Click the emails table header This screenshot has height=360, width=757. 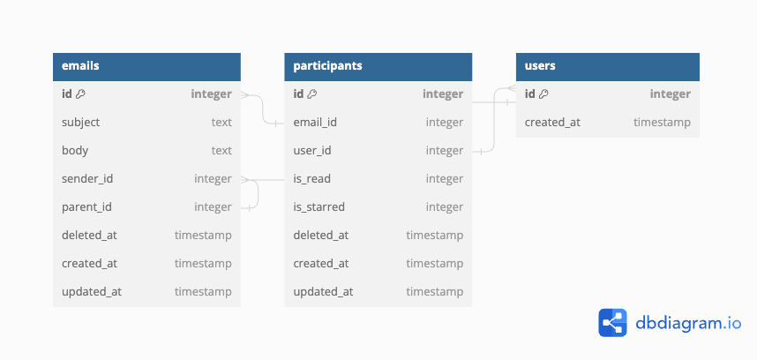coord(146,66)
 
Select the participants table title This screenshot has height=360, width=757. coord(328,65)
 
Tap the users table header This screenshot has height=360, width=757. coord(607,66)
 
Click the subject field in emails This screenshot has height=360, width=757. coord(80,123)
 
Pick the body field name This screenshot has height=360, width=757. coord(75,151)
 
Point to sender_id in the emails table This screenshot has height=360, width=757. coord(87,179)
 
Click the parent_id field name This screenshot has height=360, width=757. coord(86,207)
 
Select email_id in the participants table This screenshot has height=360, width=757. coord(315,123)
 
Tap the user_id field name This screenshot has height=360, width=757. coord(312,151)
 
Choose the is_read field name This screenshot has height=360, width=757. coord(311,179)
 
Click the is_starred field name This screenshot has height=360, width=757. coord(319,207)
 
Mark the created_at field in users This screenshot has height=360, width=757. coord(552,123)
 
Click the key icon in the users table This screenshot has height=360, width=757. coord(543,94)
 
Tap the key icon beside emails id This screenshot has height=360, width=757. coord(80,94)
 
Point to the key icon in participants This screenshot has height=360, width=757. coord(312,94)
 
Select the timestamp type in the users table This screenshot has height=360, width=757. coord(662,123)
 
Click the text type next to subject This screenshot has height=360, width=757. coord(221,123)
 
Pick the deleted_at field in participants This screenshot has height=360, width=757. coord(321,236)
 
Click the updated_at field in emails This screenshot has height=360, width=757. coord(92,292)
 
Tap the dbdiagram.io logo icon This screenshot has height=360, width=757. coord(612,323)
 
